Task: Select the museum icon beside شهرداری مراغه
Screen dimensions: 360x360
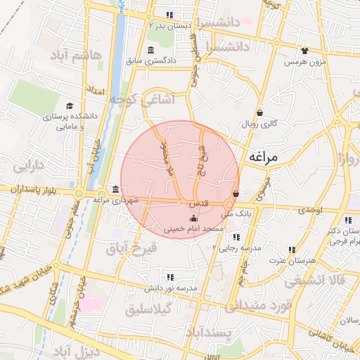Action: pyautogui.click(x=115, y=189)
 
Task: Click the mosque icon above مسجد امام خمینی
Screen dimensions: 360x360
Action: pyautogui.click(x=194, y=217)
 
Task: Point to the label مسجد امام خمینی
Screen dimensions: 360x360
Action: pyautogui.click(x=193, y=229)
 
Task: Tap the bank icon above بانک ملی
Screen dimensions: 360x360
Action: pyautogui.click(x=236, y=194)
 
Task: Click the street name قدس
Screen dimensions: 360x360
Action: pyautogui.click(x=198, y=203)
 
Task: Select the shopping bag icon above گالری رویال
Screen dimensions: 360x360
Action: pyautogui.click(x=259, y=112)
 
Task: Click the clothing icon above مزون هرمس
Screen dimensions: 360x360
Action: pyautogui.click(x=304, y=51)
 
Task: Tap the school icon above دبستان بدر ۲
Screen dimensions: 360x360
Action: pyautogui.click(x=169, y=15)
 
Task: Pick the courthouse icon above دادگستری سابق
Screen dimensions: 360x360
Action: pyautogui.click(x=151, y=49)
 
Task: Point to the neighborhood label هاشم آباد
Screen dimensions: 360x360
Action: pyautogui.click(x=77, y=55)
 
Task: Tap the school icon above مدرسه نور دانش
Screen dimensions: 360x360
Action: pyautogui.click(x=169, y=277)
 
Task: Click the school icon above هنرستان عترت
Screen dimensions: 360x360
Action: pyautogui.click(x=291, y=250)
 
